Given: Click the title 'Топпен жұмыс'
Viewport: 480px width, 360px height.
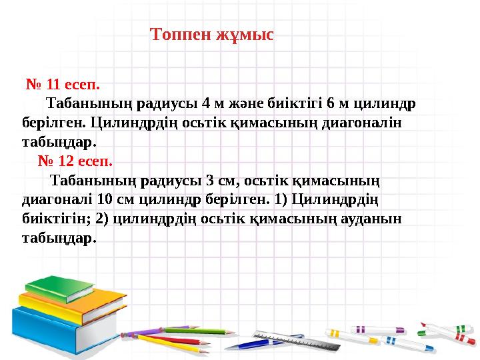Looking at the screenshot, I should pyautogui.click(x=212, y=34).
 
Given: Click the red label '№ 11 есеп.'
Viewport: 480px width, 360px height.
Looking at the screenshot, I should pyautogui.click(x=63, y=85).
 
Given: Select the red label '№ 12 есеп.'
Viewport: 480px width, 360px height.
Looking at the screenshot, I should pyautogui.click(x=75, y=161).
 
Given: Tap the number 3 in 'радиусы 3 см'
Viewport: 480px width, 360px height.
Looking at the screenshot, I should pyautogui.click(x=211, y=180).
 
